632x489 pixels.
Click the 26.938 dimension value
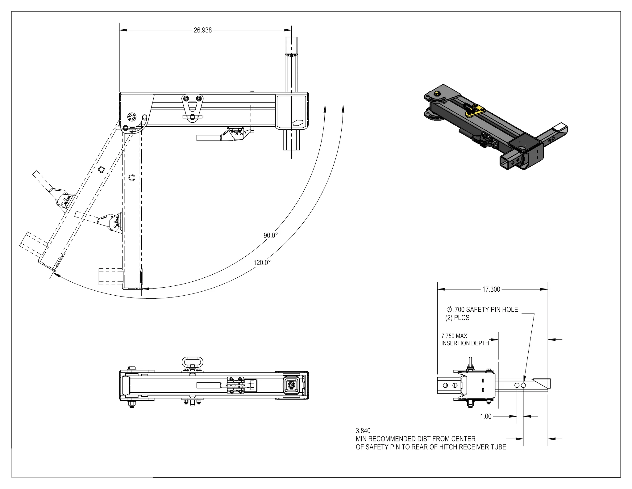(202, 30)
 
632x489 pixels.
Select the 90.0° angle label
(270, 235)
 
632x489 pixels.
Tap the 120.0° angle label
(262, 263)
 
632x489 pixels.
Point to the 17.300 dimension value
(491, 289)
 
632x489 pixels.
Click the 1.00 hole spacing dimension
(485, 416)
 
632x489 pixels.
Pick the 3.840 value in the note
(363, 431)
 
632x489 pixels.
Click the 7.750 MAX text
(454, 336)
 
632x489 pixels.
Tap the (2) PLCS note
(457, 318)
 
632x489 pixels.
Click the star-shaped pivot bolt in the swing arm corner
(131, 117)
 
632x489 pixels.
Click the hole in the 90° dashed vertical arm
(132, 178)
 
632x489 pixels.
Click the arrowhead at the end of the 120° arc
(56, 274)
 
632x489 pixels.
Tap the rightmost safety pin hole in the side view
(523, 386)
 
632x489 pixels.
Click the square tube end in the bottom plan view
(291, 385)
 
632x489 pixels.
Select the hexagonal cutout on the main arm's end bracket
(298, 122)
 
